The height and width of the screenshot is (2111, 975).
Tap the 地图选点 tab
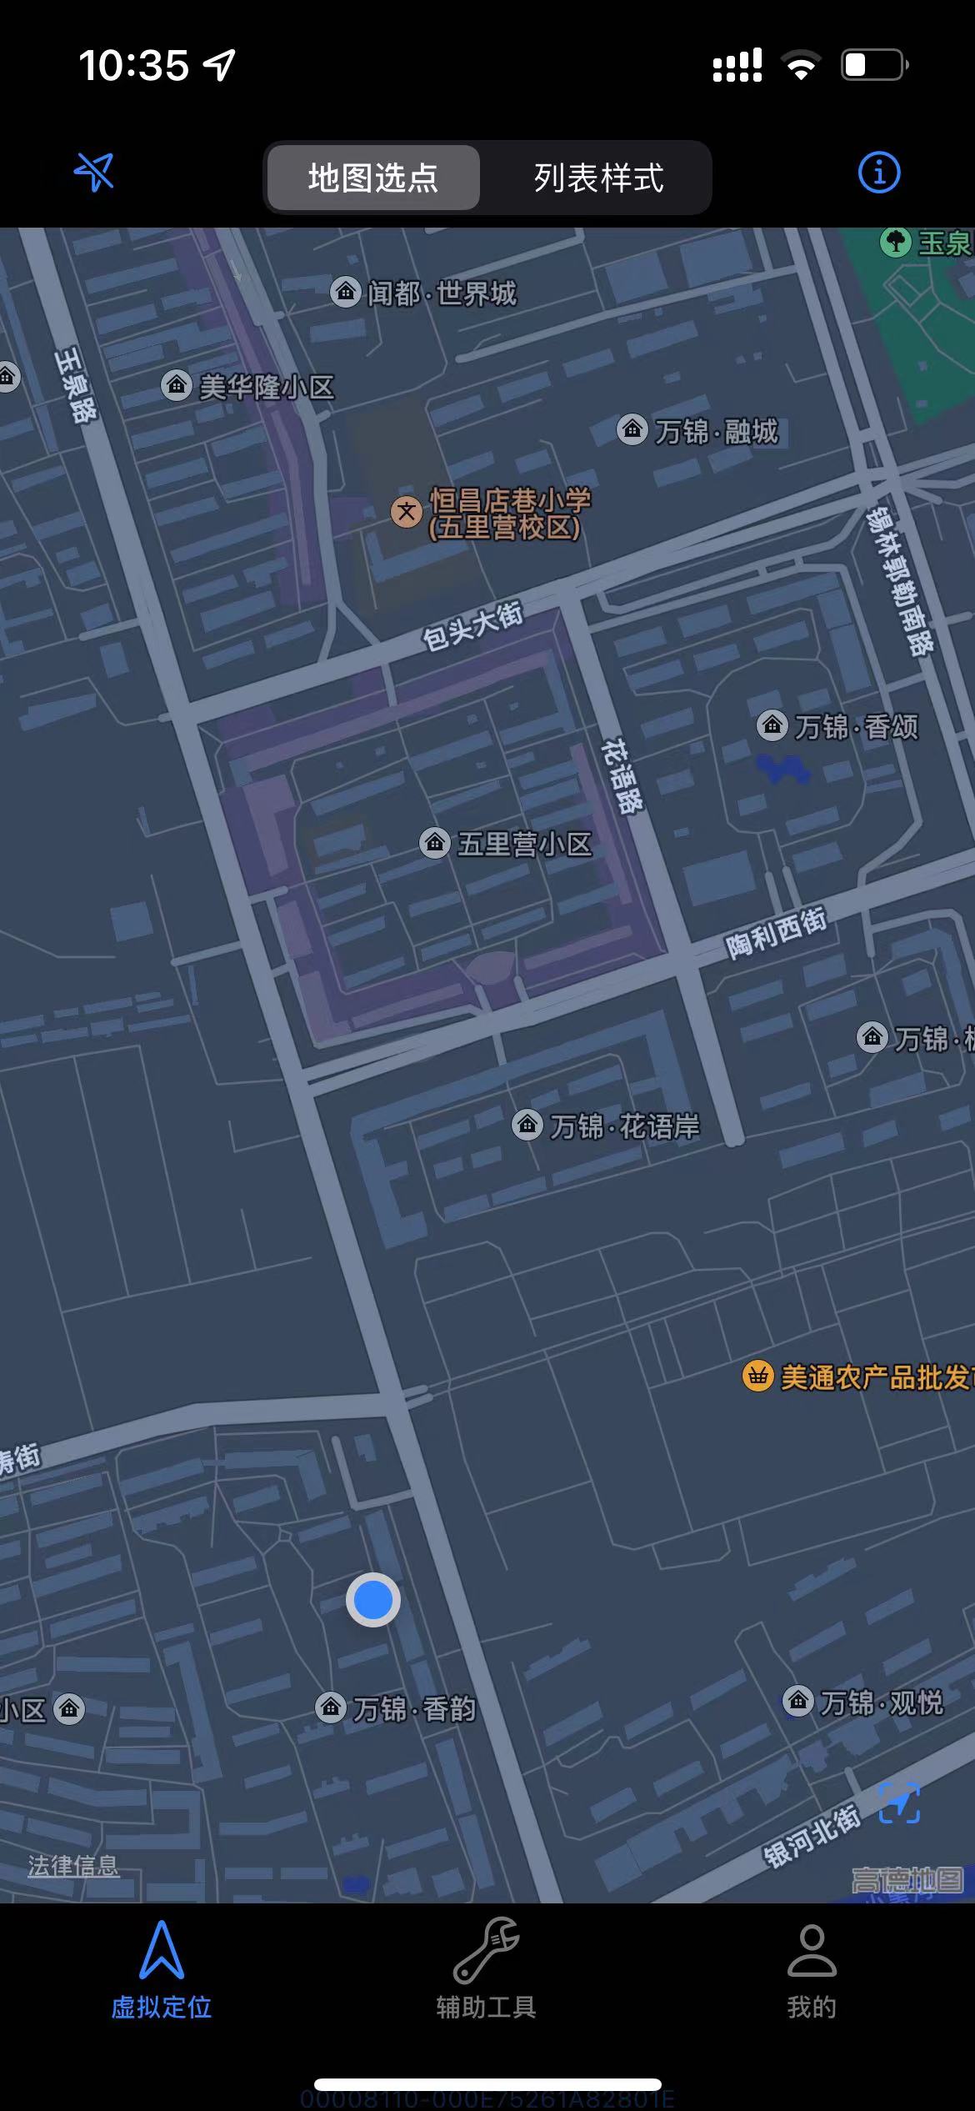click(x=372, y=178)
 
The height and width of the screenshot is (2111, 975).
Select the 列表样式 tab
click(x=598, y=178)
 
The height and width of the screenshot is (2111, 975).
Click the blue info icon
click(x=878, y=173)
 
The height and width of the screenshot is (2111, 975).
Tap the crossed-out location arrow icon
click(x=94, y=173)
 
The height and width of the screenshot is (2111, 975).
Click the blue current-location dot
click(x=372, y=1600)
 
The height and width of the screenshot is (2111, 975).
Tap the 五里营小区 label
click(x=524, y=844)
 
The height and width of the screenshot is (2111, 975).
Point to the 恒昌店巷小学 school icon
click(x=407, y=511)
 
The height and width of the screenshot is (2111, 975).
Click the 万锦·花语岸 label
click(x=624, y=1126)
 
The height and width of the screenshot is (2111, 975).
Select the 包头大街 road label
click(x=472, y=625)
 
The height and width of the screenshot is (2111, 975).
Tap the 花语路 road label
click(x=622, y=775)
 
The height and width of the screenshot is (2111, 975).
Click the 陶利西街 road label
click(x=776, y=934)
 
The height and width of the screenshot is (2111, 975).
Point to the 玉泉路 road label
click(x=76, y=385)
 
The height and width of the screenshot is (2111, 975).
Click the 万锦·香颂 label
click(x=855, y=727)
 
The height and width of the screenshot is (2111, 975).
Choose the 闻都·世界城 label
click(x=442, y=293)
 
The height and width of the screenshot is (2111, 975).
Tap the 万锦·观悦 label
click(x=881, y=1702)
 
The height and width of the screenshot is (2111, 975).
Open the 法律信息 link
click(x=73, y=1865)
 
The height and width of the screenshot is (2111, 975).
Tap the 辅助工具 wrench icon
click(x=487, y=1950)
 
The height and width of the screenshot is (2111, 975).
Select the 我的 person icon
click(x=812, y=1950)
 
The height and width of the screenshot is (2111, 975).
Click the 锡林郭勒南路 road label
click(x=900, y=580)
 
